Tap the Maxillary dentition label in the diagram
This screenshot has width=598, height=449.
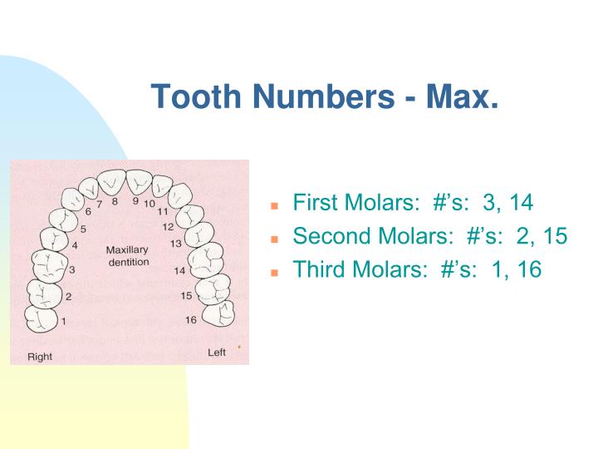127,256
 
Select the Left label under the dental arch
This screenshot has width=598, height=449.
216,353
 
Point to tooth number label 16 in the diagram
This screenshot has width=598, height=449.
190,319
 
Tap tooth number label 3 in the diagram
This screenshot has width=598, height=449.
72,269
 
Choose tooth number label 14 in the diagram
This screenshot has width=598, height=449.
180,270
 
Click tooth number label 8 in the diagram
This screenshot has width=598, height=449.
116,201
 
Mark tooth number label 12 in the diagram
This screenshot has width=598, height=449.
167,226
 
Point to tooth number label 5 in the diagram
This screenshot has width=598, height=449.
83,228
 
